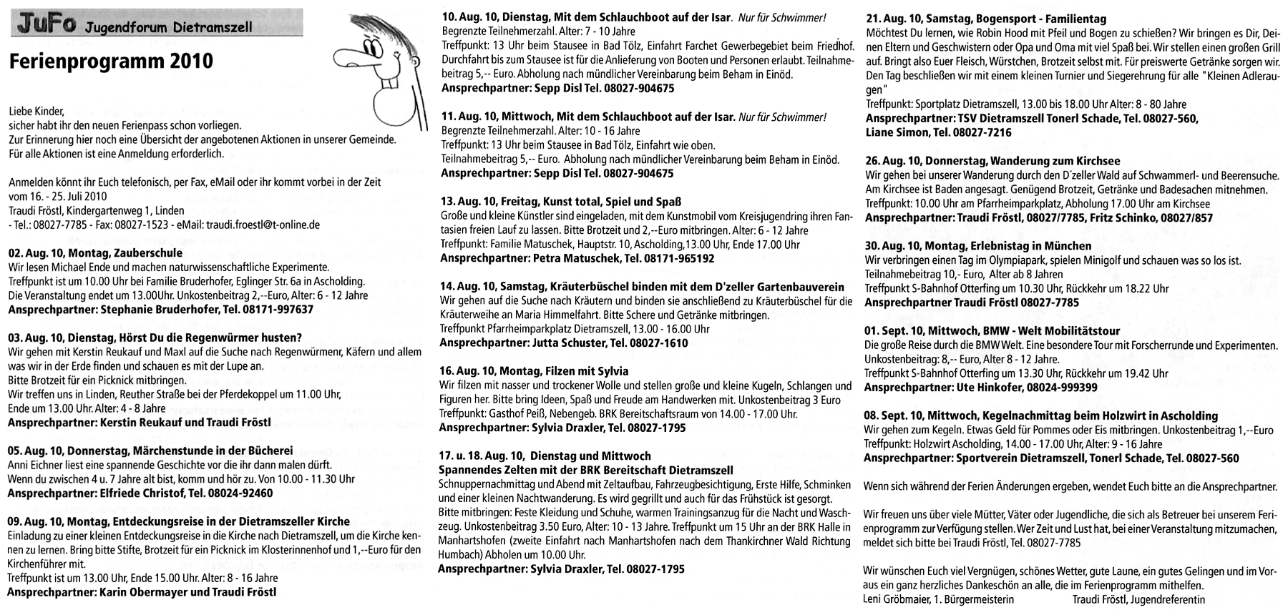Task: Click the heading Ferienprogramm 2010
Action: [x=111, y=61]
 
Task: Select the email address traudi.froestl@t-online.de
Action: [x=263, y=224]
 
